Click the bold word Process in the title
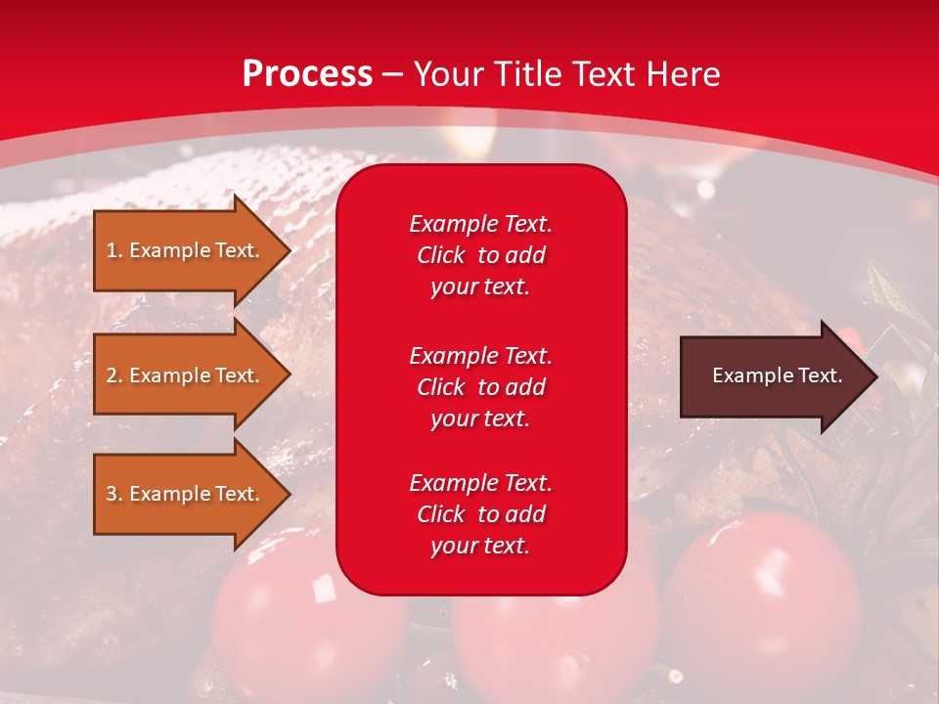(x=307, y=74)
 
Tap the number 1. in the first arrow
(x=114, y=250)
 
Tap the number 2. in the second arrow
(x=114, y=375)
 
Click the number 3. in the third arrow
(x=114, y=494)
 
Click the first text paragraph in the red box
(x=480, y=255)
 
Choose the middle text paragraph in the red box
(x=480, y=387)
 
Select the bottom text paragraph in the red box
(x=480, y=514)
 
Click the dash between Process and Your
(x=393, y=75)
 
